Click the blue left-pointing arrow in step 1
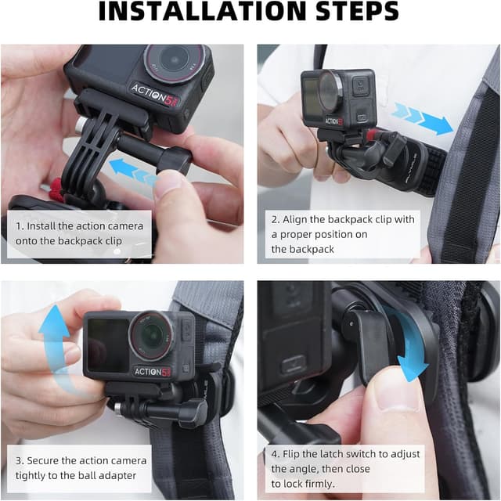point(132,171)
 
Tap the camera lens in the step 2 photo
point(330,90)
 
